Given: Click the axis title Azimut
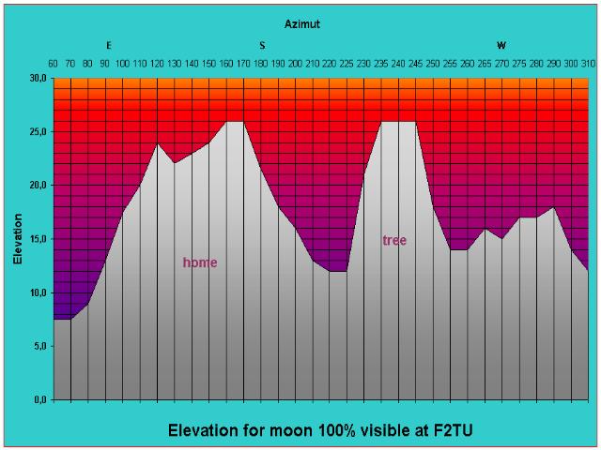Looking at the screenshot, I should [x=302, y=24].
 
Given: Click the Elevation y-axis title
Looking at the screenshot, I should [x=18, y=238].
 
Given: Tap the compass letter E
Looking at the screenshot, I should [x=108, y=45].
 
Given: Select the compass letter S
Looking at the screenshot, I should [x=262, y=45].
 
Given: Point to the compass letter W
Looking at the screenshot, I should [x=501, y=45].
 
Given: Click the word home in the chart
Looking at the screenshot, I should [x=199, y=262].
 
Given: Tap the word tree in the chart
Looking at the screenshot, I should [x=394, y=241].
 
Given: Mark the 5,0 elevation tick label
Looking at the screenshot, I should [x=38, y=346].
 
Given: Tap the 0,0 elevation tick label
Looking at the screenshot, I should [x=38, y=400].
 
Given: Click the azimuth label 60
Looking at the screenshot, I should [x=54, y=64].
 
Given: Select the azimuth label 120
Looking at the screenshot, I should [x=157, y=64].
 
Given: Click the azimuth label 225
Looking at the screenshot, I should [x=347, y=64].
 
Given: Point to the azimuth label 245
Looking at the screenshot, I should [x=415, y=64].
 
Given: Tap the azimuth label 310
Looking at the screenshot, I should [x=588, y=64].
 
